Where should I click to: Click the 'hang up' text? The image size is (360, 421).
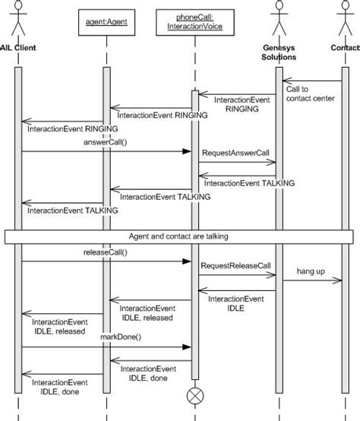[310, 271]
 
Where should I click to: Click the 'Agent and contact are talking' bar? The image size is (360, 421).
[179, 236]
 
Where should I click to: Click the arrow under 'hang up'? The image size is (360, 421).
[312, 280]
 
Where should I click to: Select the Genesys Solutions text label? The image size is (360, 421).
[279, 52]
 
